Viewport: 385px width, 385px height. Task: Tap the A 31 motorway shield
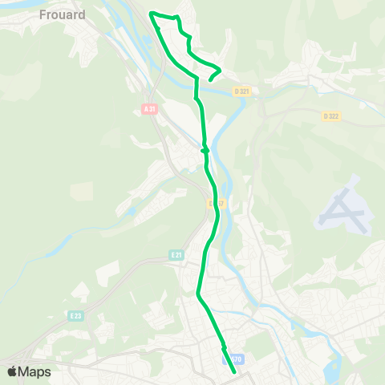coord(149,109)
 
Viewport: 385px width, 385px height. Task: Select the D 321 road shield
coord(241,92)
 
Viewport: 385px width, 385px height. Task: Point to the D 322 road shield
coord(330,116)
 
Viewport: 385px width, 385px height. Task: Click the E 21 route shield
coord(176,254)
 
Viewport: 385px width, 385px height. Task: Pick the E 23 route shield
coord(75,315)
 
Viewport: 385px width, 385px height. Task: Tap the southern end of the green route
coord(234,372)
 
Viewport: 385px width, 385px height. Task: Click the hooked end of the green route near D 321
coord(210,79)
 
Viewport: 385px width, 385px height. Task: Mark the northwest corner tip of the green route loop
coord(152,13)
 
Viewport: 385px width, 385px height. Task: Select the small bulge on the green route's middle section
coord(205,149)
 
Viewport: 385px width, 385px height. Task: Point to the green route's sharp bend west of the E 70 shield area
coord(197,294)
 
